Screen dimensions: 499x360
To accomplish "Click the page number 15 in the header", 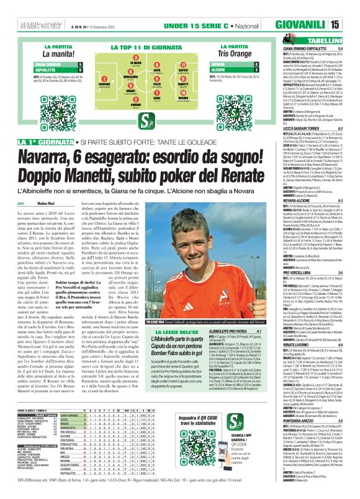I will pyautogui.click(x=352, y=25).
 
